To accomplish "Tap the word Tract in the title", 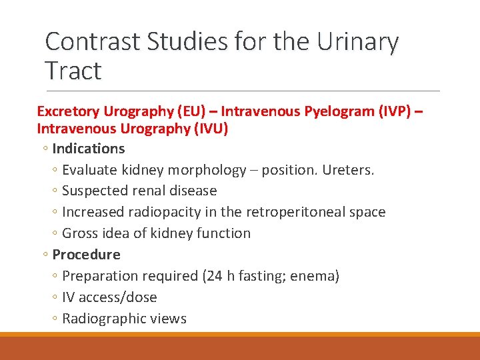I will click(x=73, y=70).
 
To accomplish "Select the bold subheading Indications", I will click(x=88, y=148).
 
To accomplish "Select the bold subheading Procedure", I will click(x=86, y=255).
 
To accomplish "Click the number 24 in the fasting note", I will click(x=213, y=276).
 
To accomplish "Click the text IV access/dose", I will click(x=109, y=297).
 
